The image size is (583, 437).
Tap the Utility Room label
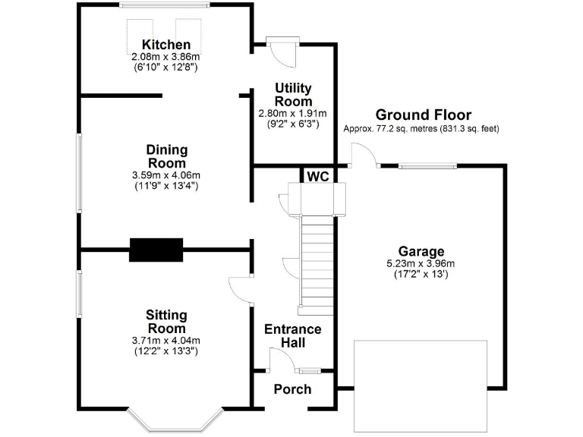coord(293,96)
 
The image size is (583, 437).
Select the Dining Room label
coord(166,157)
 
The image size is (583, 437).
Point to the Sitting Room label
coord(166,322)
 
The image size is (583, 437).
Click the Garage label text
coord(421,252)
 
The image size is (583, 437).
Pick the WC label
coord(317,176)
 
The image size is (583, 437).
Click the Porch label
coord(292,389)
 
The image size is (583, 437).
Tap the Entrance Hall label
coord(292,336)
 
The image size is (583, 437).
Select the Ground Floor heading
coord(423,115)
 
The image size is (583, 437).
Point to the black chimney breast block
coord(156,250)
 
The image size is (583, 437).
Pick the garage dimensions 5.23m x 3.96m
coord(421,264)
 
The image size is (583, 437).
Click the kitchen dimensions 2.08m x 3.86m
coord(165,57)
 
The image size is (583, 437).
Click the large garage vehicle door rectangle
coord(421,387)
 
